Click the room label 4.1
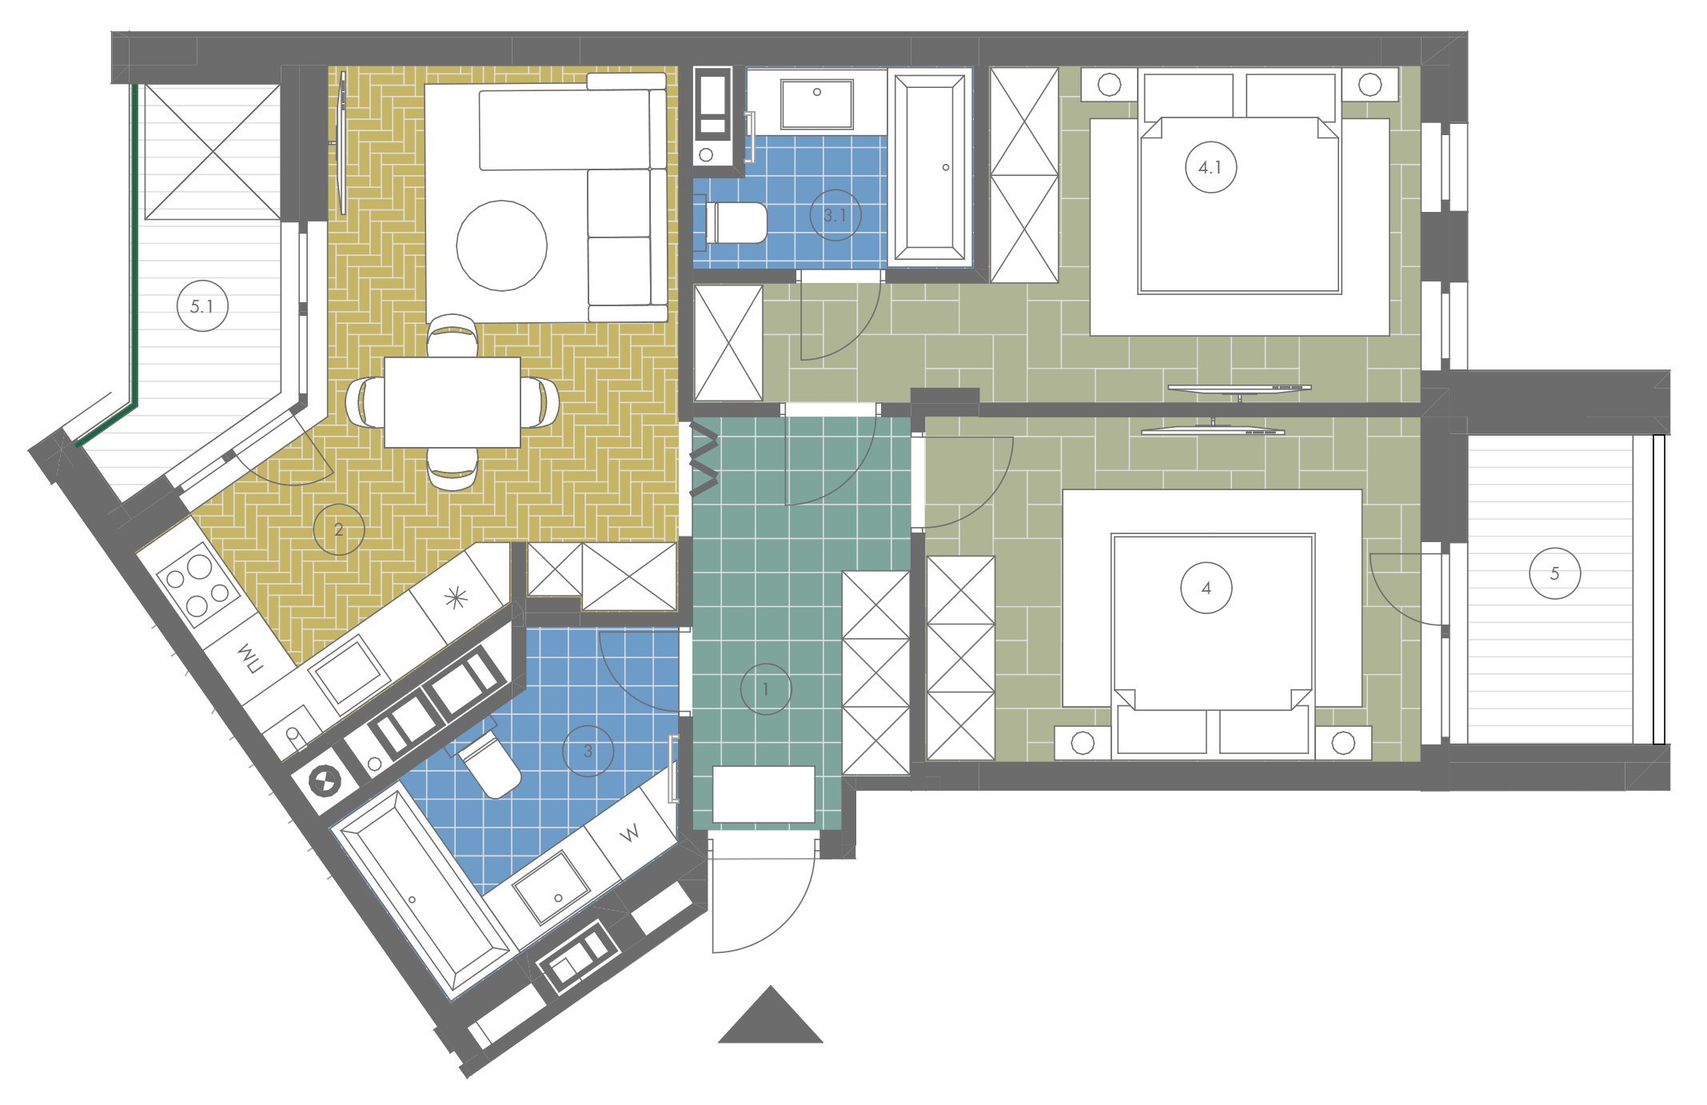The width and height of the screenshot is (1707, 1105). [1210, 168]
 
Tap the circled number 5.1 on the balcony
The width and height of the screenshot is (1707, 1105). [202, 306]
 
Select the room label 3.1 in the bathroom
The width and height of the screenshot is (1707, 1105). [836, 215]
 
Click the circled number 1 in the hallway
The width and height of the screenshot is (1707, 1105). [766, 688]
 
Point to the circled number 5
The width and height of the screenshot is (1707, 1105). [1554, 573]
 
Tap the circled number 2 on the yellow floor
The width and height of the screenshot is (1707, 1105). [339, 529]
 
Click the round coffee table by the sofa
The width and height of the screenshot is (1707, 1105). [502, 245]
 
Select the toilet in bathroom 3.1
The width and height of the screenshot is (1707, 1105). [736, 222]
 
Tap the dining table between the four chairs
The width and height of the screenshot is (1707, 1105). [453, 402]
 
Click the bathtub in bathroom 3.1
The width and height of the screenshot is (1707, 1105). [930, 167]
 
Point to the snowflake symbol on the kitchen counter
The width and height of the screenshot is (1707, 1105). [456, 597]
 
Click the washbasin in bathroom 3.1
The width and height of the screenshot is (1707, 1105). [817, 103]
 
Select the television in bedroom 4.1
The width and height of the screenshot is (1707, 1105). [1240, 389]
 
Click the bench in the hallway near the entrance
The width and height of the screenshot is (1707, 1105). [764, 794]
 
